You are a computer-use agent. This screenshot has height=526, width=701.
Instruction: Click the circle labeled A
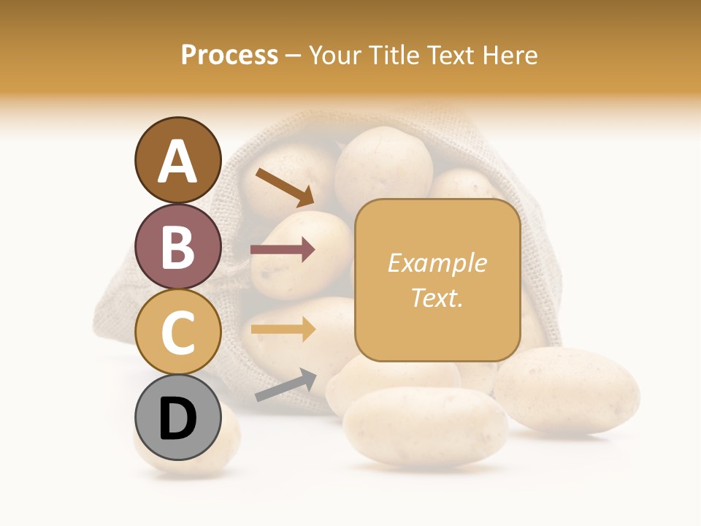pyautogui.click(x=177, y=160)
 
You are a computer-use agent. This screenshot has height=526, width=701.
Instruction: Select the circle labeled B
pyautogui.click(x=177, y=246)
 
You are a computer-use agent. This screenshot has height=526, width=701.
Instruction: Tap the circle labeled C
pyautogui.click(x=177, y=332)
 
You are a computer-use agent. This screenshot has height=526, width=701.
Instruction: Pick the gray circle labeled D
pyautogui.click(x=177, y=418)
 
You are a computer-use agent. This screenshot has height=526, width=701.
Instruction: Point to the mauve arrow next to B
pyautogui.click(x=283, y=250)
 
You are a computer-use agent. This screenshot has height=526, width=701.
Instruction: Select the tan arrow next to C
pyautogui.click(x=283, y=329)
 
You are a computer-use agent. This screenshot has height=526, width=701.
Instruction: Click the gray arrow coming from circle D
pyautogui.click(x=286, y=384)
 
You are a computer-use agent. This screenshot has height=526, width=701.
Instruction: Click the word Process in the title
pyautogui.click(x=229, y=55)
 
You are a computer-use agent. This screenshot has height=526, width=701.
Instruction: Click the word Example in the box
pyautogui.click(x=437, y=263)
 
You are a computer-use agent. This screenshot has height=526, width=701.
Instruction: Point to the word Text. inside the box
pyautogui.click(x=437, y=297)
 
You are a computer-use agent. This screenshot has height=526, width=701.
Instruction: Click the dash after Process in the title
pyautogui.click(x=294, y=56)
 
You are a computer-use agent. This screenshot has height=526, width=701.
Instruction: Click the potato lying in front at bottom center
pyautogui.click(x=425, y=427)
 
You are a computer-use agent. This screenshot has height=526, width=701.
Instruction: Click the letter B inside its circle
pyautogui.click(x=177, y=246)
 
